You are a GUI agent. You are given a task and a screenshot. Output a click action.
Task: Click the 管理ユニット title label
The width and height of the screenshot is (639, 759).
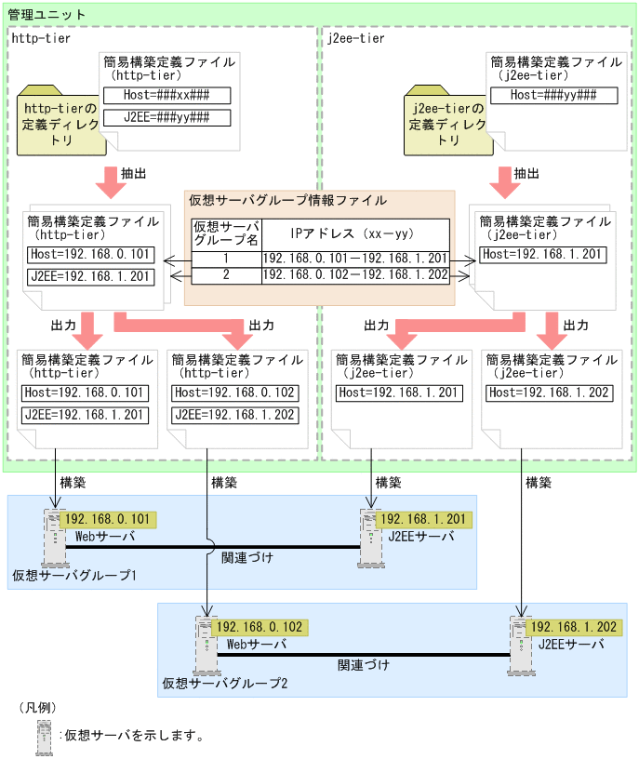[47, 15]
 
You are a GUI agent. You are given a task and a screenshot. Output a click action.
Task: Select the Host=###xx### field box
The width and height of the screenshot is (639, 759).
[166, 96]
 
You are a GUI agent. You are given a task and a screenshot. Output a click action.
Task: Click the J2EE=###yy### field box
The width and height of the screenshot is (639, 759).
[166, 117]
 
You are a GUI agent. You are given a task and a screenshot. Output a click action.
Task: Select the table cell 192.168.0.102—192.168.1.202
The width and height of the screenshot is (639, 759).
[355, 275]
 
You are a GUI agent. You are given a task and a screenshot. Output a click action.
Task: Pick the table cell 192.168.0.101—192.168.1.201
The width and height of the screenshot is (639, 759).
[355, 258]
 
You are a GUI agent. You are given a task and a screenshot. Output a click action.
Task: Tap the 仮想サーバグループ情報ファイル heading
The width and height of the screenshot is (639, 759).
[287, 200]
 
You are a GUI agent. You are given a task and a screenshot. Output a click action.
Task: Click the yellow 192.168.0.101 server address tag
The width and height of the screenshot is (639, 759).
[105, 519]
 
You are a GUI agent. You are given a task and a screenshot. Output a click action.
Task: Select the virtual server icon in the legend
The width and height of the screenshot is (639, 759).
[44, 735]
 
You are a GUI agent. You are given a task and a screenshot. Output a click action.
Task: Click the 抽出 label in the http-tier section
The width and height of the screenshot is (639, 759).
[134, 173]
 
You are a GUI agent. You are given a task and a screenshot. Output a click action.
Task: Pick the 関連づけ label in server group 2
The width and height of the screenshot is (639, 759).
[364, 666]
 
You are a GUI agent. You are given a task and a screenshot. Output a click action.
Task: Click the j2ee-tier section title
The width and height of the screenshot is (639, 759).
[356, 38]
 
